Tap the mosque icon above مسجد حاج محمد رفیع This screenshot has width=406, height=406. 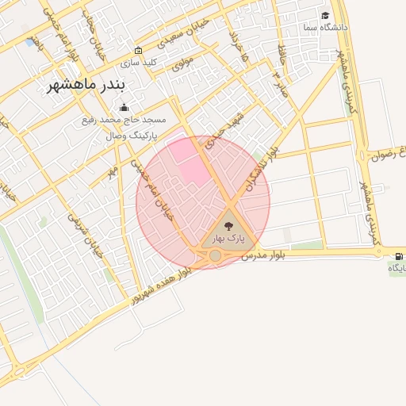[123, 107]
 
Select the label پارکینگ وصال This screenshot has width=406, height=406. [132, 136]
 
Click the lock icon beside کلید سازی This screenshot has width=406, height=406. [139, 50]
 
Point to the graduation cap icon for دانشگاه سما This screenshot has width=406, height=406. [325, 16]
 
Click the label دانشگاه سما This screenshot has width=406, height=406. [325, 28]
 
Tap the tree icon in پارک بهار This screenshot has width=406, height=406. [229, 226]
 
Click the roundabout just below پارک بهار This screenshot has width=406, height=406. [215, 255]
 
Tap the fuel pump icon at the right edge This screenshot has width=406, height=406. [397, 256]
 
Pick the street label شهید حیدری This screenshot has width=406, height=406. [226, 131]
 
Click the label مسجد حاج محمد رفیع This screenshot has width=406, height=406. [124, 121]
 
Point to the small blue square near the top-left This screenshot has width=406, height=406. [30, 41]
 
